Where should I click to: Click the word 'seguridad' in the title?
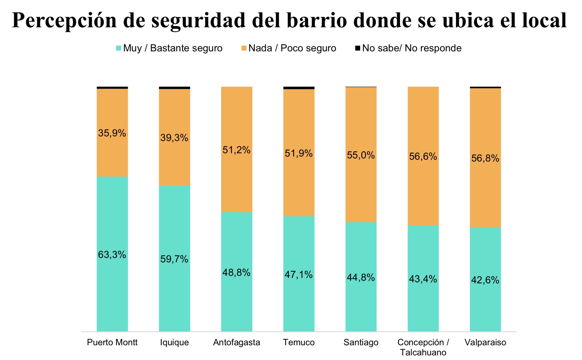coord(198,20)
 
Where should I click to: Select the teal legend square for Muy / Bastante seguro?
coord(118,48)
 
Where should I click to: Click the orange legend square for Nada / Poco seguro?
coord(244,48)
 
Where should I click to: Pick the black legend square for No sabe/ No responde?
coord(358,48)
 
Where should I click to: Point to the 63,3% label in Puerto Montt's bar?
coord(112,255)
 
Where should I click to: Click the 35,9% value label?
coord(112,133)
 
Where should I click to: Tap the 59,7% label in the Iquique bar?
coord(174,259)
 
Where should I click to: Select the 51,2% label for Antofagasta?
coord(236,150)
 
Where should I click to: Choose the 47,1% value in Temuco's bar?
coord(298,275)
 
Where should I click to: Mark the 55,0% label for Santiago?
coord(361,155)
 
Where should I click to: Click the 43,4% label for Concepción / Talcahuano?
coord(423,279)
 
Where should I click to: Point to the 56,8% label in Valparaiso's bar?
coord(485,158)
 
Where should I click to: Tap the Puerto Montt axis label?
coord(112,342)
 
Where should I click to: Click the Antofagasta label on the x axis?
coord(236,342)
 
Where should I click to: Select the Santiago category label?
coord(361,342)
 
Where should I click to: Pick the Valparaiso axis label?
coord(485,342)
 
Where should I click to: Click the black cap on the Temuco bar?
coord(299,88)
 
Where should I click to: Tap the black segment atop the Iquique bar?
coord(174,88)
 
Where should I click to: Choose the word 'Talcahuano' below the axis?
coord(423,353)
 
